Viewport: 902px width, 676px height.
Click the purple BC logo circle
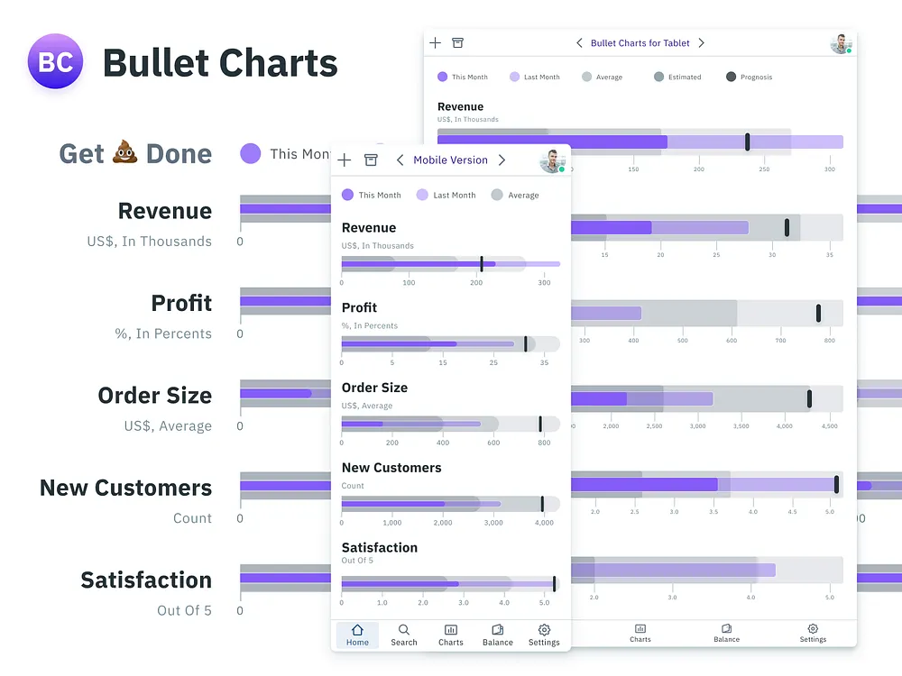[x=56, y=61]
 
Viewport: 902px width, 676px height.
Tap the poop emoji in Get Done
[x=124, y=153]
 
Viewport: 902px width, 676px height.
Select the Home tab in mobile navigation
[x=357, y=635]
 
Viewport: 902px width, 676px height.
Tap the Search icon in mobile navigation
[x=404, y=635]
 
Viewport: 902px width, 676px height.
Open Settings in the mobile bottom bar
[x=544, y=635]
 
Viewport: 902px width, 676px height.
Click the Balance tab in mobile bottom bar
[x=497, y=635]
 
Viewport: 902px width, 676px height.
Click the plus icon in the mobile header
[x=344, y=160]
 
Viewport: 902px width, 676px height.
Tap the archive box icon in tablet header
[x=458, y=43]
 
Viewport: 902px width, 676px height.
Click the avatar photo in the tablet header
[x=841, y=43]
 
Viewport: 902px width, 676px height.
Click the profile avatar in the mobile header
[x=551, y=160]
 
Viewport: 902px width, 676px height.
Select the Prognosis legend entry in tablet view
[x=749, y=78]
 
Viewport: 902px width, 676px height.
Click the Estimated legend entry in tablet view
[x=677, y=78]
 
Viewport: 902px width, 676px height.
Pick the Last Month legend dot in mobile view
[x=422, y=195]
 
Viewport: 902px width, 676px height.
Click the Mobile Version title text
[x=450, y=160]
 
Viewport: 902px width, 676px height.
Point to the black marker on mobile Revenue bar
[x=482, y=264]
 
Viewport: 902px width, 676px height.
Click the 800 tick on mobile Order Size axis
[x=544, y=443]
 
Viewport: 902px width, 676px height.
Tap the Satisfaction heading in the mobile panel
[x=379, y=547]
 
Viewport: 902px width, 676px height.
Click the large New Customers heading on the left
[x=125, y=488]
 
